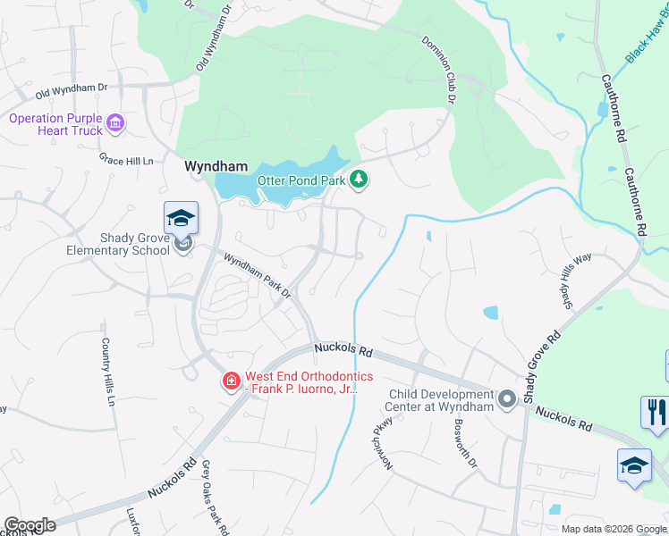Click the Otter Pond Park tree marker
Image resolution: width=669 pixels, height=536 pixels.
tap(359, 180)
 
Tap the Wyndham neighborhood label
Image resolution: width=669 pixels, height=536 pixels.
tap(215, 165)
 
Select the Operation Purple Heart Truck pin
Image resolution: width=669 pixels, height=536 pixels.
tap(114, 122)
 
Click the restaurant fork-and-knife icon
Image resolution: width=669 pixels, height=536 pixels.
tap(655, 411)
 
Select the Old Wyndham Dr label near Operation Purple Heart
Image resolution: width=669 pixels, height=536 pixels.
tap(72, 90)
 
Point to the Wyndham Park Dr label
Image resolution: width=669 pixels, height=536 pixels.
tap(258, 276)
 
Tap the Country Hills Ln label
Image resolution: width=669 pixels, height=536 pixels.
tap(107, 372)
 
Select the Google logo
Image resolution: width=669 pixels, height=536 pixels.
tap(30, 525)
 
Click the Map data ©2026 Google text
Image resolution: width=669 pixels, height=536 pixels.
tap(613, 529)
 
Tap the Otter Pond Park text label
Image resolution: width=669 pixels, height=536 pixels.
tap(301, 180)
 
